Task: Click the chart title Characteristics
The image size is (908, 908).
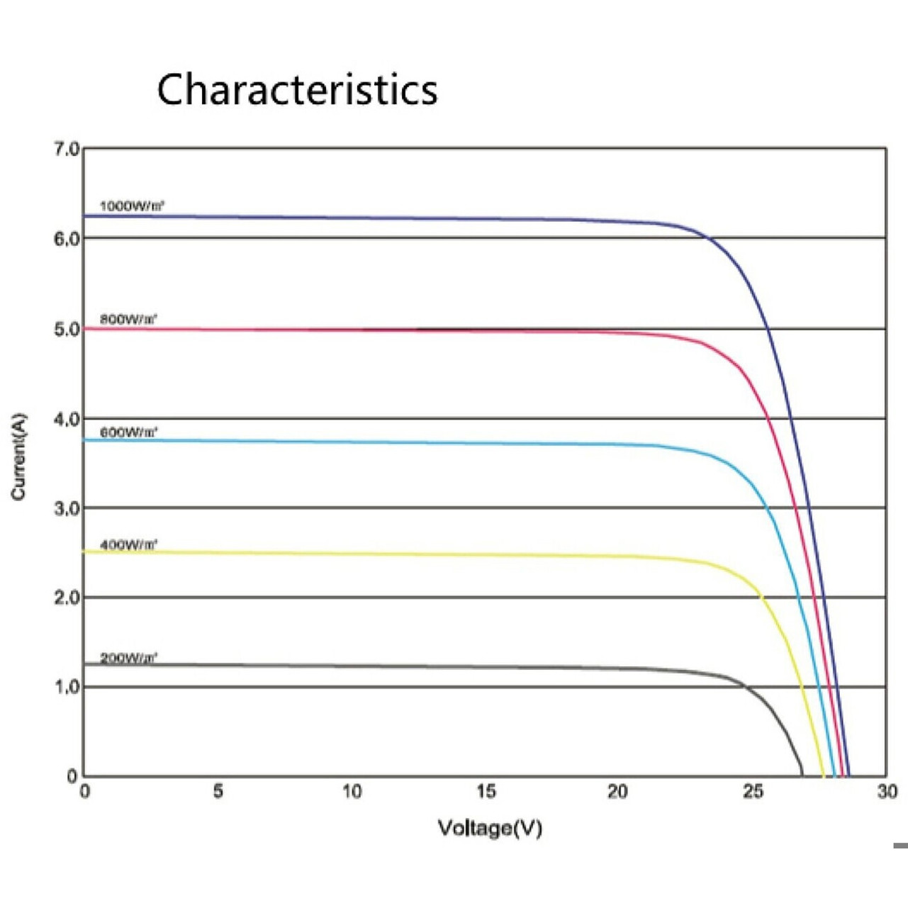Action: point(297,89)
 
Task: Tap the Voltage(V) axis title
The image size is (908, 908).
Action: point(490,828)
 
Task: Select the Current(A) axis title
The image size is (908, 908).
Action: point(18,456)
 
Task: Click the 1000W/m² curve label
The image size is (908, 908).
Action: point(132,206)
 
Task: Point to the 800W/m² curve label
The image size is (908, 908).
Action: point(128,319)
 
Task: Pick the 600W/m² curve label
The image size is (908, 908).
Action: point(128,432)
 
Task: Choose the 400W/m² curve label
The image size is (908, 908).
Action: point(128,544)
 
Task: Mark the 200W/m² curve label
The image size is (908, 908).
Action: point(128,657)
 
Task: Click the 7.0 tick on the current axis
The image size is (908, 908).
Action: point(67,149)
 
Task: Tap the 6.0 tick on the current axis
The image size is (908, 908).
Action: point(67,239)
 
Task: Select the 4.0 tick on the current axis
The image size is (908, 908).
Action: point(67,419)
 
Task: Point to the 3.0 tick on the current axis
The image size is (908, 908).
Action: point(67,508)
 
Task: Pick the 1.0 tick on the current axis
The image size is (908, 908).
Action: point(67,687)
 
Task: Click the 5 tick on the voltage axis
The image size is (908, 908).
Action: point(218,791)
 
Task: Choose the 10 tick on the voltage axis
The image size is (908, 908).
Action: point(352,791)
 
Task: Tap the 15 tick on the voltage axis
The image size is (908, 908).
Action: point(486,791)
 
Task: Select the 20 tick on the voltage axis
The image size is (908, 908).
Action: point(617,791)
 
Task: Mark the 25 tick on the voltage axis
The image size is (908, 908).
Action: point(753,791)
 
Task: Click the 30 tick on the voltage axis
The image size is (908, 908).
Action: point(887,791)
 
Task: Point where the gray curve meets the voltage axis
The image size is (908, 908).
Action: point(802,775)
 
